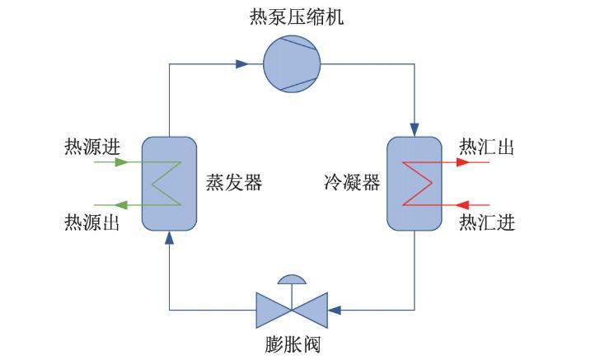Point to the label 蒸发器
(234, 182)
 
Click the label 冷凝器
(352, 182)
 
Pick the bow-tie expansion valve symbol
(292, 310)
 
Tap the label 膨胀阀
(292, 344)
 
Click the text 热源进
(92, 147)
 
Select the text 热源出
(92, 221)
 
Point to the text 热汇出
(487, 147)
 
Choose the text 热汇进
(487, 221)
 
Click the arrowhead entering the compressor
(241, 63)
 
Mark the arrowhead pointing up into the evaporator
(169, 239)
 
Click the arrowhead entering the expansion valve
(334, 310)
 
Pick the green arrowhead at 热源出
(120, 204)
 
